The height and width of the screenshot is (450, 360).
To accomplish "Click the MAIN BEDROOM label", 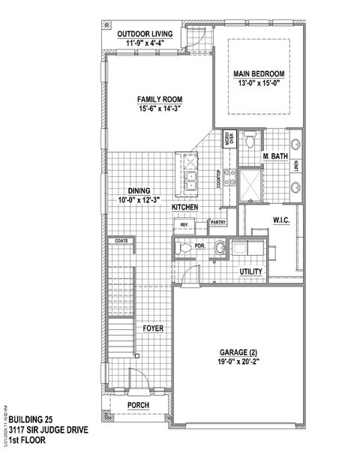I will click(x=259, y=73).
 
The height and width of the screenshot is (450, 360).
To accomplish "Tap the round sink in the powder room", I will click(x=220, y=247).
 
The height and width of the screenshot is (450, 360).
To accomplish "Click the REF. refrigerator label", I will click(x=184, y=223).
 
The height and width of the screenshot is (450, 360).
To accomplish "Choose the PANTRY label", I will click(x=218, y=222).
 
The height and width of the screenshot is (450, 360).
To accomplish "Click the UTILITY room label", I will click(x=250, y=271).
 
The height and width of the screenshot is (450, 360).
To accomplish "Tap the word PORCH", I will click(x=138, y=405).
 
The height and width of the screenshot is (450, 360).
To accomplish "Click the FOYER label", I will click(x=154, y=328).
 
